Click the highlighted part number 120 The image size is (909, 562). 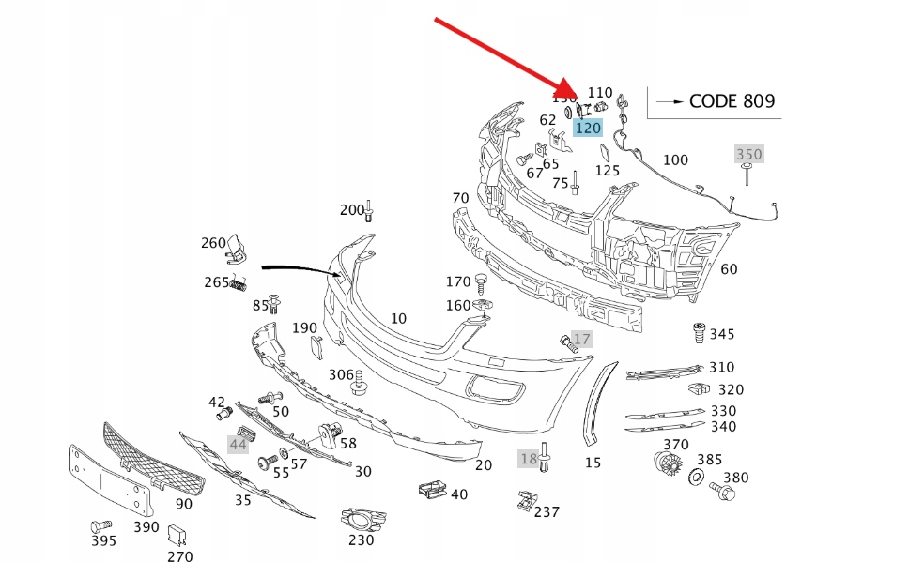tap(588, 128)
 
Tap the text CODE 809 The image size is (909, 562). tap(732, 100)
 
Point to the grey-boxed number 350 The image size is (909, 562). tap(748, 154)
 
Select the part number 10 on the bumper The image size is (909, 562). tap(398, 318)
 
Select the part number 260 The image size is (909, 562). tap(213, 242)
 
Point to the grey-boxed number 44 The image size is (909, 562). tap(239, 443)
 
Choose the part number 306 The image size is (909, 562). tap(341, 374)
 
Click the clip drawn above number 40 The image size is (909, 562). tap(431, 488)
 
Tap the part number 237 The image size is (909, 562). tap(547, 511)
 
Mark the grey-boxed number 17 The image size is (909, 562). tap(582, 339)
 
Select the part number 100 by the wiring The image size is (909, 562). tap(675, 160)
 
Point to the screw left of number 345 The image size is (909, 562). tap(698, 333)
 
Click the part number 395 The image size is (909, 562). tap(103, 540)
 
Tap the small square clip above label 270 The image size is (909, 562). tap(176, 535)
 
